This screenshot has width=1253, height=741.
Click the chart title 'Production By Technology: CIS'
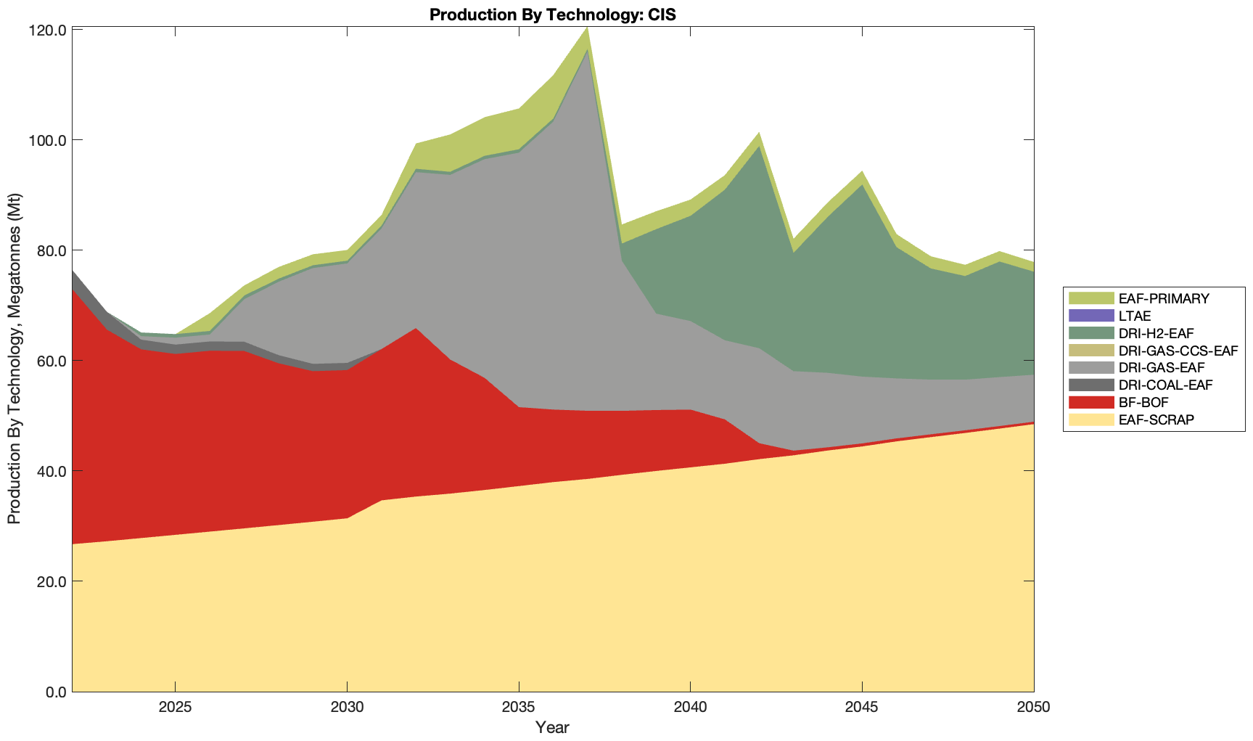coord(552,15)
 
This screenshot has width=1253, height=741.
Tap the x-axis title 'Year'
coord(552,727)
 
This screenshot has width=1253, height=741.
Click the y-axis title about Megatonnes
coord(14,359)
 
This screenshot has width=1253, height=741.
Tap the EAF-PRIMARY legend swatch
coord(1090,298)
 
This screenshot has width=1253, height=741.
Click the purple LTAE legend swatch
coord(1090,316)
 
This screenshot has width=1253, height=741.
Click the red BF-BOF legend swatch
coord(1090,403)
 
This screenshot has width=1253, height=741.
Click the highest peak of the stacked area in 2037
coord(587,28)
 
